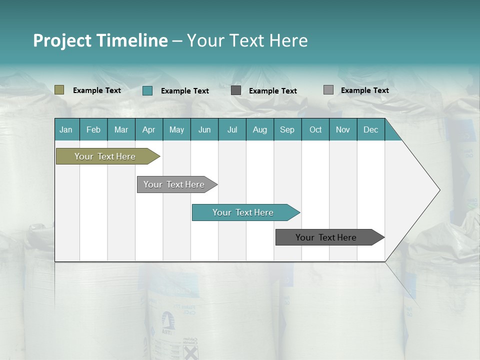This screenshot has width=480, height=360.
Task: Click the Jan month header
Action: pyautogui.click(x=66, y=129)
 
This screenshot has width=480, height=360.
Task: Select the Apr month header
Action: pyautogui.click(x=148, y=129)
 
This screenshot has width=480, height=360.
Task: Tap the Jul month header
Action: pyautogui.click(x=232, y=129)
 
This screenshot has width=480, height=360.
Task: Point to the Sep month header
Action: pyautogui.click(x=287, y=129)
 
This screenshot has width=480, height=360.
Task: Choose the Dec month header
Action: pyautogui.click(x=370, y=129)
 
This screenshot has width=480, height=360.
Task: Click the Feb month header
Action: pyautogui.click(x=93, y=129)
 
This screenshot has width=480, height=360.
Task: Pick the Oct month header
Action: pyautogui.click(x=315, y=129)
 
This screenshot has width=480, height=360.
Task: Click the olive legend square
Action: pyautogui.click(x=59, y=90)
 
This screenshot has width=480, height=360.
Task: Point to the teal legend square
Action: pyautogui.click(x=147, y=90)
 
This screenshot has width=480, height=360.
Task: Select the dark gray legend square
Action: pyautogui.click(x=236, y=90)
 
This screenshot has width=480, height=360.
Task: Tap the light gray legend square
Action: pyautogui.click(x=328, y=90)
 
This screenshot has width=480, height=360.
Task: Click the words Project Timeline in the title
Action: pyautogui.click(x=100, y=40)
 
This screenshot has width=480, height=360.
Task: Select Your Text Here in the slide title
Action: pyautogui.click(x=247, y=40)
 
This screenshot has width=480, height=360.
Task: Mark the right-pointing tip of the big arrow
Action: pyautogui.click(x=438, y=190)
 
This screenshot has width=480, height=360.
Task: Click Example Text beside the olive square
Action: pyautogui.click(x=97, y=90)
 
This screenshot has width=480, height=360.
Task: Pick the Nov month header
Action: pyautogui.click(x=343, y=129)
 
